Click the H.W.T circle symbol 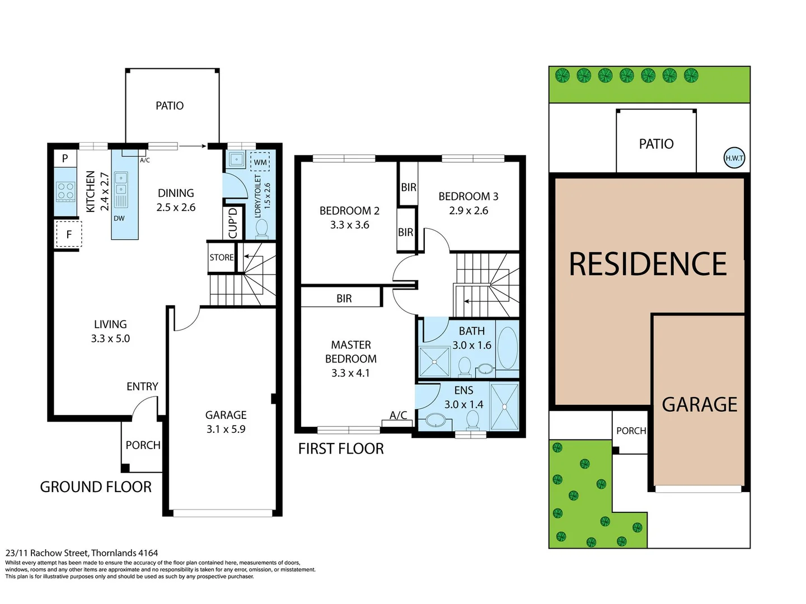[x=734, y=158]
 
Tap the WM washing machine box [x=260, y=162]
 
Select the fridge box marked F [x=69, y=234]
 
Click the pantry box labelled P [x=65, y=158]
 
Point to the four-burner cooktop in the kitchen [x=65, y=192]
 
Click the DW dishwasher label [x=119, y=218]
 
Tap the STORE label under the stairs [x=222, y=257]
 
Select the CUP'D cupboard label [x=233, y=223]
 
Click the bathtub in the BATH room [x=507, y=348]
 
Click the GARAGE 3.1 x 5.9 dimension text [x=226, y=429]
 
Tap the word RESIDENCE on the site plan [x=648, y=264]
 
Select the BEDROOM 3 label [x=468, y=196]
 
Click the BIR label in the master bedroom [x=344, y=299]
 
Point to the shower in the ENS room [x=504, y=407]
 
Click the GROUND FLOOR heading [x=96, y=487]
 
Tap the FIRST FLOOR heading [x=341, y=449]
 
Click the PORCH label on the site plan [x=631, y=431]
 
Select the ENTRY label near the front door [x=142, y=386]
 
